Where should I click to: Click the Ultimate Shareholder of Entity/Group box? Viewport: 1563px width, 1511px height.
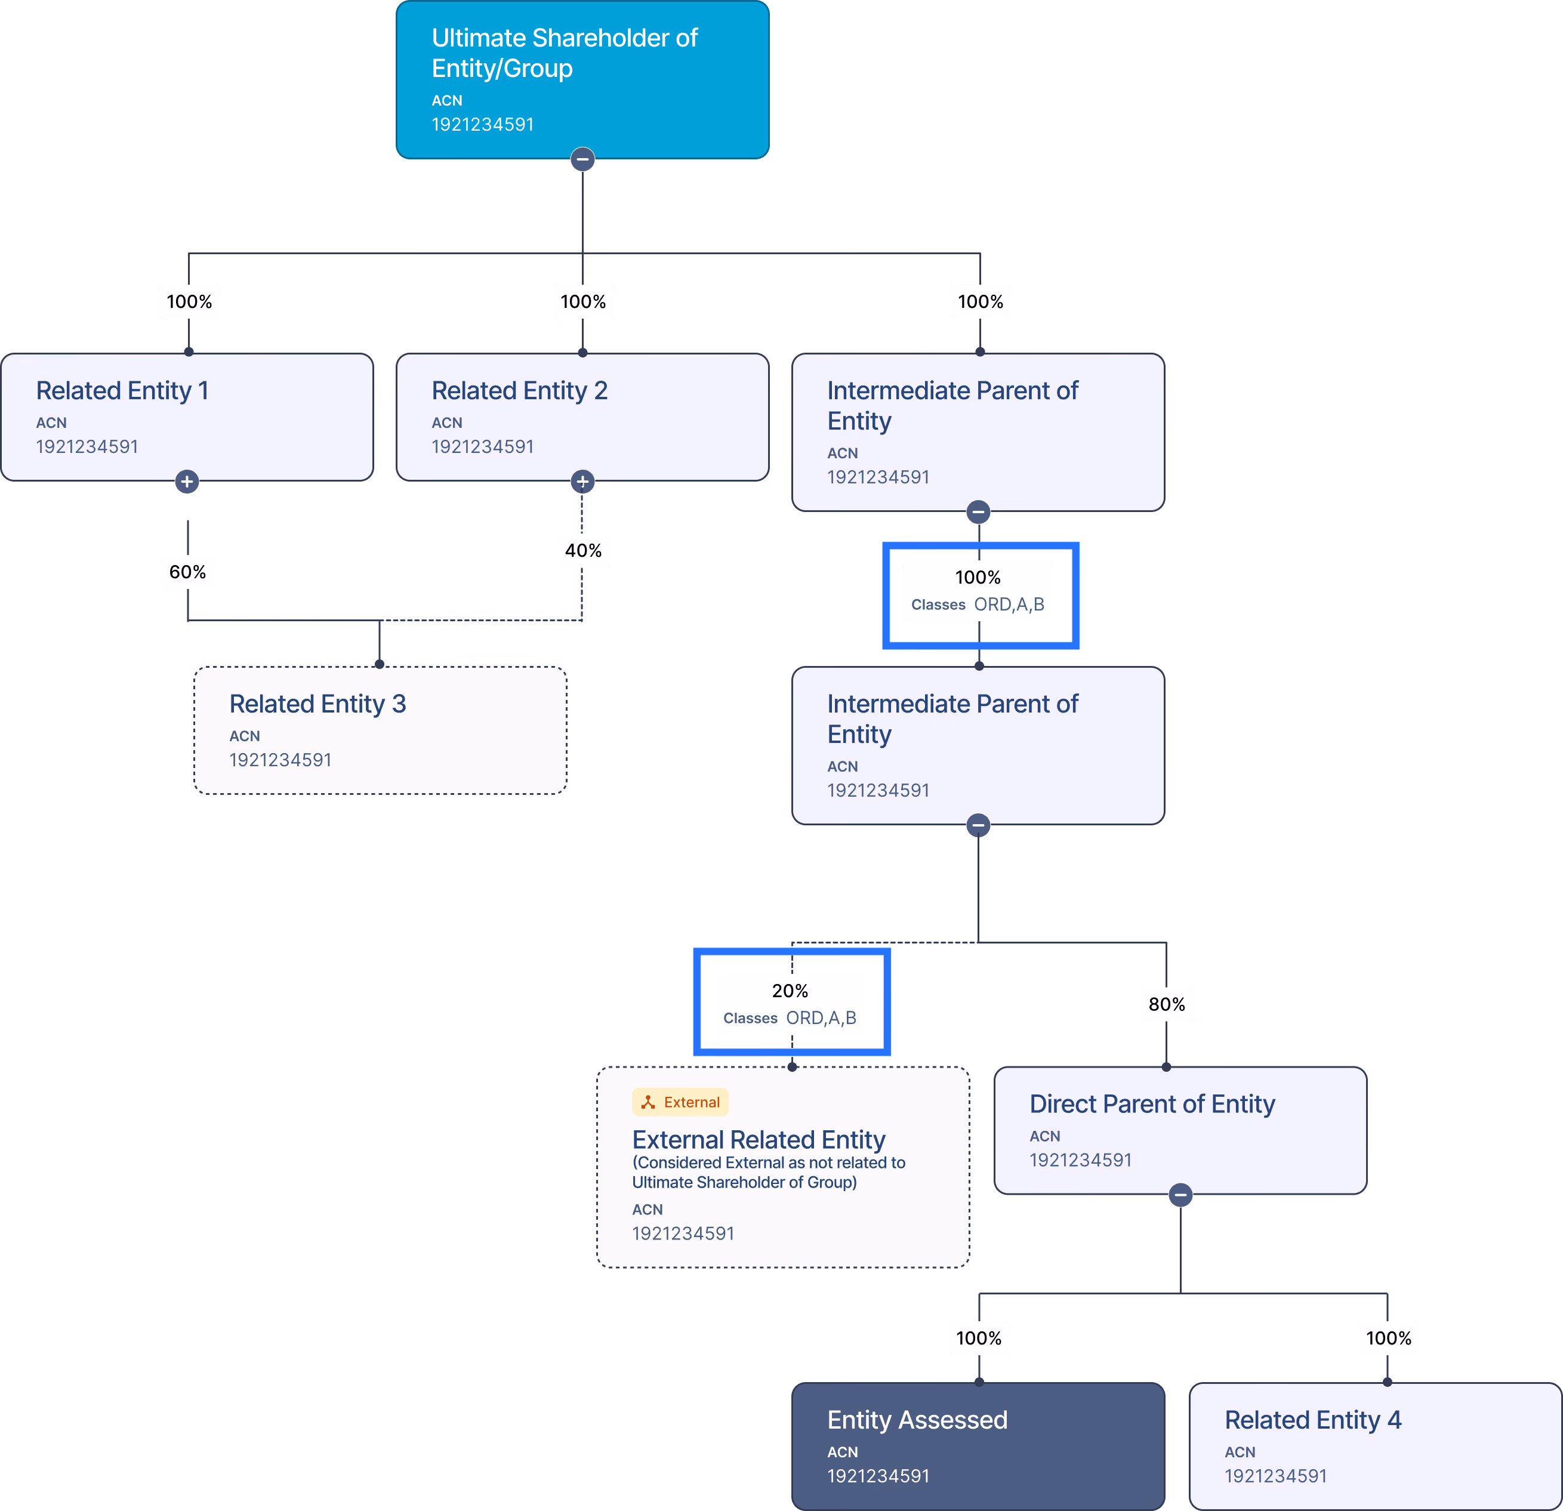pyautogui.click(x=582, y=80)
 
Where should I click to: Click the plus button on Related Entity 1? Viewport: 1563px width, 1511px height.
pyautogui.click(x=187, y=482)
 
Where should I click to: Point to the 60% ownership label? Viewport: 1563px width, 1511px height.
pyautogui.click(x=187, y=572)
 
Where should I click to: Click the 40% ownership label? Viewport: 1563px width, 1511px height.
pyautogui.click(x=583, y=550)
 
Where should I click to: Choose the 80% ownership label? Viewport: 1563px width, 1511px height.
pyautogui.click(x=1167, y=1004)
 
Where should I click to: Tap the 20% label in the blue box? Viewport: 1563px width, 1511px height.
pyautogui.click(x=790, y=990)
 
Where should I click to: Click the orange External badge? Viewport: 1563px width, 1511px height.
pyautogui.click(x=680, y=1102)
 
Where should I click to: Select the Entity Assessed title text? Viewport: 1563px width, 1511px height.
pyautogui.click(x=917, y=1419)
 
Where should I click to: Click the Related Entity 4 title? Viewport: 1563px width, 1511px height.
pyautogui.click(x=1312, y=1419)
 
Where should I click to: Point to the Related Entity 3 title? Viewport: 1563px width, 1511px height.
pyautogui.click(x=317, y=703)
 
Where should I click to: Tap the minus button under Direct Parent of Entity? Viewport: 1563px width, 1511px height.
pyautogui.click(x=1181, y=1195)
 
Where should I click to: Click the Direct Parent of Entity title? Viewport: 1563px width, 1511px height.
pyautogui.click(x=1152, y=1103)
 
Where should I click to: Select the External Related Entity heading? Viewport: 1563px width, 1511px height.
pyautogui.click(x=759, y=1139)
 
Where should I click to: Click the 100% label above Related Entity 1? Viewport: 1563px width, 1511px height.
pyautogui.click(x=189, y=301)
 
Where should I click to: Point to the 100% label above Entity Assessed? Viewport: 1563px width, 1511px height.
pyautogui.click(x=979, y=1338)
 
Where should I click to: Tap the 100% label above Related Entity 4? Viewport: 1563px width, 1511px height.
pyautogui.click(x=1388, y=1338)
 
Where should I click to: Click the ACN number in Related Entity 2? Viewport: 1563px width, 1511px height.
pyautogui.click(x=482, y=446)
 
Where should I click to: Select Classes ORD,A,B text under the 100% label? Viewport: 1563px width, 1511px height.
pyautogui.click(x=978, y=605)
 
